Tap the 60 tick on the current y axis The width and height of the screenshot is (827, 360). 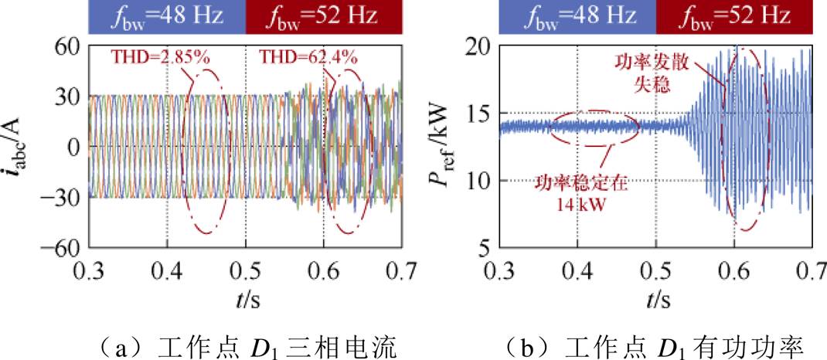[67, 46]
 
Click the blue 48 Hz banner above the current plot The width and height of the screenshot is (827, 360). [167, 17]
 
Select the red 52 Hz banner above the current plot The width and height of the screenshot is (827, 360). [323, 17]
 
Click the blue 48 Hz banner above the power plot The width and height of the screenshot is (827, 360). [577, 17]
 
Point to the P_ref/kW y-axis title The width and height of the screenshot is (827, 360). [443, 147]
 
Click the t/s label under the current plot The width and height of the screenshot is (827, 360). [245, 298]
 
